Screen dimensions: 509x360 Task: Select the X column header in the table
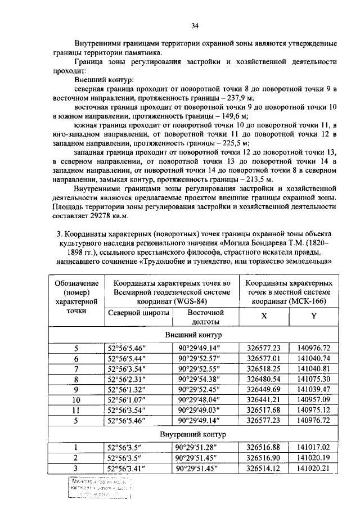point(264,316)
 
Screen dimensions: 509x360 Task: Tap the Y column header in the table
point(313,316)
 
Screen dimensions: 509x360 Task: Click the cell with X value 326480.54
point(264,380)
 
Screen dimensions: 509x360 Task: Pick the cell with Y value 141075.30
point(313,380)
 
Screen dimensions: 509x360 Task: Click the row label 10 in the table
point(77,400)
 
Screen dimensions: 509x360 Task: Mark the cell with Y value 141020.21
point(313,468)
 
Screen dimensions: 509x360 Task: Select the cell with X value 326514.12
point(264,468)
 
